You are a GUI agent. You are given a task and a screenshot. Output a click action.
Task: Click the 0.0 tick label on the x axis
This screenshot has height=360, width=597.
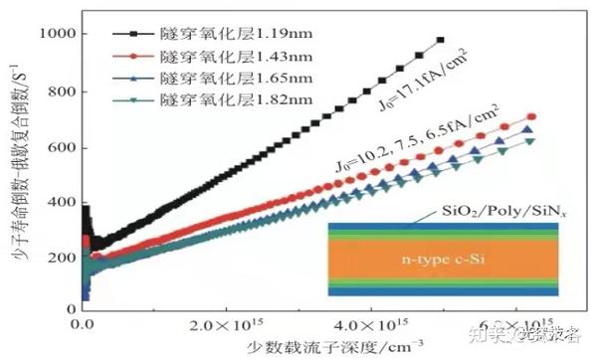tap(79, 325)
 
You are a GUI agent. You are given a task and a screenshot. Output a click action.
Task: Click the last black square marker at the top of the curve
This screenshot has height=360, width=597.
tap(441, 40)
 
